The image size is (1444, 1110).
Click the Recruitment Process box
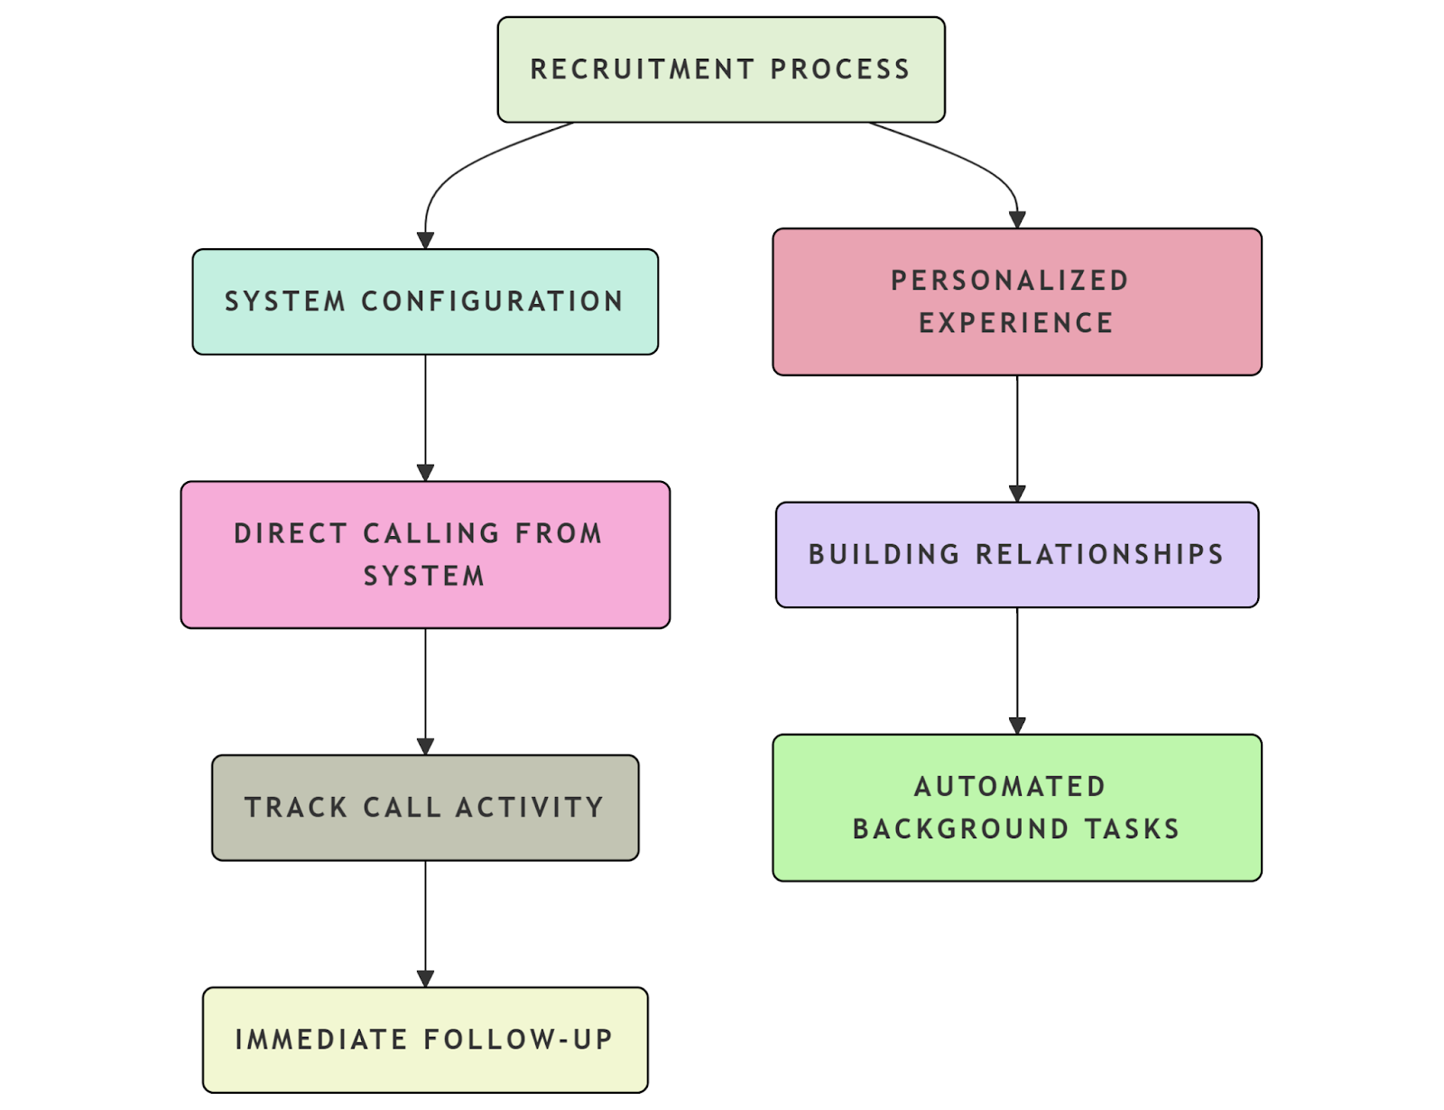pos(720,69)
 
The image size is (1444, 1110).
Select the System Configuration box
pos(424,301)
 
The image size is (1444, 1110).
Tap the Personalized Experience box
pos(1016,301)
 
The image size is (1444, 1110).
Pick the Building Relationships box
pos(1016,554)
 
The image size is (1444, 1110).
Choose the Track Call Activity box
pos(424,808)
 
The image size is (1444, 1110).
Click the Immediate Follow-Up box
pos(424,1040)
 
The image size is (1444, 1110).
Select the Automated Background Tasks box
pos(1016,808)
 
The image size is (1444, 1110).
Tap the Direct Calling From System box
pos(424,554)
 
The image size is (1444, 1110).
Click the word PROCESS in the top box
pos(839,69)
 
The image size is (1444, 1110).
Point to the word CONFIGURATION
pos(492,301)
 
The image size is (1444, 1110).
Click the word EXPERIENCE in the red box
pos(1016,323)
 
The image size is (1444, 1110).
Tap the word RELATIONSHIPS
pos(1099,554)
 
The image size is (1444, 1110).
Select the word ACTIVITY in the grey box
pos(529,808)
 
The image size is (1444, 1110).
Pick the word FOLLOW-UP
pos(518,1040)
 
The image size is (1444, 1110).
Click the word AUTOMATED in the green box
pos(1010,787)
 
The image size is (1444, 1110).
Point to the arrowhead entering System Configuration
pos(425,241)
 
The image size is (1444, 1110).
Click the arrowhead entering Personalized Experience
pos(1017,220)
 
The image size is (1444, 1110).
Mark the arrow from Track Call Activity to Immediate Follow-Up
pos(425,920)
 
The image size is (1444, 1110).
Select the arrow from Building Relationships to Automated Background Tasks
pos(1017,668)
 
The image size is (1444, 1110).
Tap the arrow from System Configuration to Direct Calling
pos(425,415)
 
